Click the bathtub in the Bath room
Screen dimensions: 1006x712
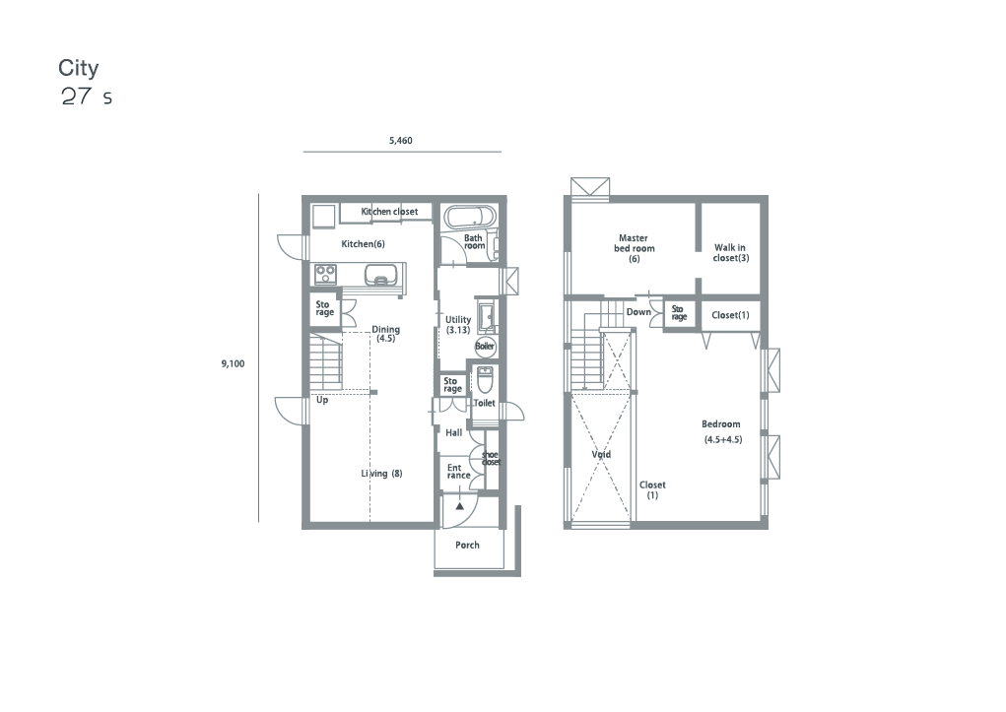[x=470, y=218]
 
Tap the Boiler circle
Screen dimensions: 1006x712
[x=485, y=347]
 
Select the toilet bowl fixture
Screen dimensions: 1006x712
[x=485, y=379]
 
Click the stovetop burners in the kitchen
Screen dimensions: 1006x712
[x=325, y=275]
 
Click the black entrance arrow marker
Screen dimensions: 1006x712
[x=460, y=506]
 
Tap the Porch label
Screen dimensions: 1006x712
[x=467, y=545]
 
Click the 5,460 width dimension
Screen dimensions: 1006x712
[x=401, y=141]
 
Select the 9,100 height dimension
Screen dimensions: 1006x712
[x=233, y=363]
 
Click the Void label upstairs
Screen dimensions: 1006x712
[x=601, y=454]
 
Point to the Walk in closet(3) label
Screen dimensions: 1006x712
[x=731, y=253]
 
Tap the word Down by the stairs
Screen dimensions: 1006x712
[x=638, y=312]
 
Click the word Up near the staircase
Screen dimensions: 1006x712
[x=322, y=400]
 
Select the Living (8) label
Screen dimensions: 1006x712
[x=381, y=474]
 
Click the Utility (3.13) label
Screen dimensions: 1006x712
[x=458, y=325]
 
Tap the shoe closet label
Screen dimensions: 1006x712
[x=491, y=458]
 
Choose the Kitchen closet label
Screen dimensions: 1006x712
[x=389, y=211]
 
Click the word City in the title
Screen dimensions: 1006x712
[x=78, y=68]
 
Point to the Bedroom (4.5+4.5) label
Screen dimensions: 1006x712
[x=722, y=431]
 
